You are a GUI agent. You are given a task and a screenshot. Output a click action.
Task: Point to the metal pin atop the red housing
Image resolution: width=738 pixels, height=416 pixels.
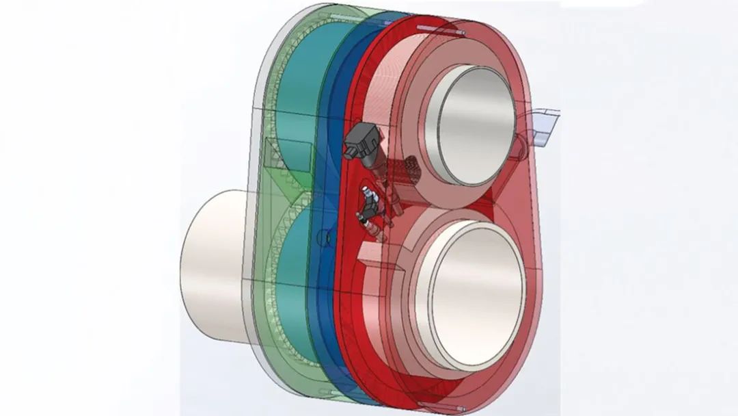click(x=441, y=29)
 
